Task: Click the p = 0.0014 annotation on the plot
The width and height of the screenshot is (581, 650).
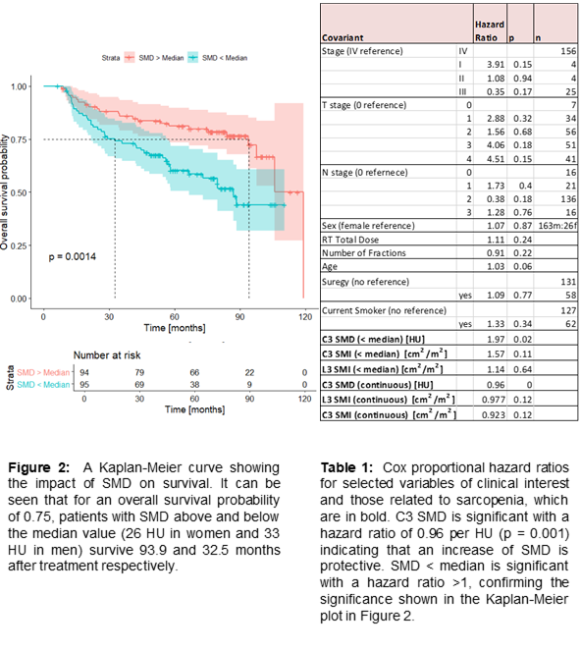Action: point(72,257)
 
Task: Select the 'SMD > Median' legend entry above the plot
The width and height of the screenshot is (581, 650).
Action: point(154,58)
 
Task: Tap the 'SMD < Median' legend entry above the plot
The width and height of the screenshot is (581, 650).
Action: point(218,58)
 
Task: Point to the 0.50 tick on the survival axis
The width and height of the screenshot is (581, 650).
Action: point(19,192)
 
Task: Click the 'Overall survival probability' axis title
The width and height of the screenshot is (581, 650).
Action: point(4,191)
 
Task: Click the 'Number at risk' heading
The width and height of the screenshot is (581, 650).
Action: point(107,355)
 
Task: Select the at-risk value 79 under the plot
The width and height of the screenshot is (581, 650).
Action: point(139,372)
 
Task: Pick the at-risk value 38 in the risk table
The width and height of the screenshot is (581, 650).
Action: point(194,385)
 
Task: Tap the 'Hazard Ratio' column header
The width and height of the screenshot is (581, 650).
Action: point(490,31)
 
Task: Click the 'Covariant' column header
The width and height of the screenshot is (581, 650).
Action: point(343,37)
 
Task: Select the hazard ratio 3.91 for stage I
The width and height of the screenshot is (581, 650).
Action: point(496,65)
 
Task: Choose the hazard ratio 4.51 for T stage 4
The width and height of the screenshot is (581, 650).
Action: point(496,159)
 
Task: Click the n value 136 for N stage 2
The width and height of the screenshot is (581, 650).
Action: point(568,199)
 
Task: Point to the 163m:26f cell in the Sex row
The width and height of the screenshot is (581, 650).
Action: point(557,226)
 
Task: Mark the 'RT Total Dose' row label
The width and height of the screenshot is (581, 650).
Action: point(350,240)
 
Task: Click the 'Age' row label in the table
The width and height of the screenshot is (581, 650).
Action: point(330,266)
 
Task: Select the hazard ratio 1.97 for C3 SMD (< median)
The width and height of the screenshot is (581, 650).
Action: point(496,340)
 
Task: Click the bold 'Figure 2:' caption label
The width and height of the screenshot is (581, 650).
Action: point(39,467)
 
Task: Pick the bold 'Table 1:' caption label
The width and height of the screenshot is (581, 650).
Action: point(346,467)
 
